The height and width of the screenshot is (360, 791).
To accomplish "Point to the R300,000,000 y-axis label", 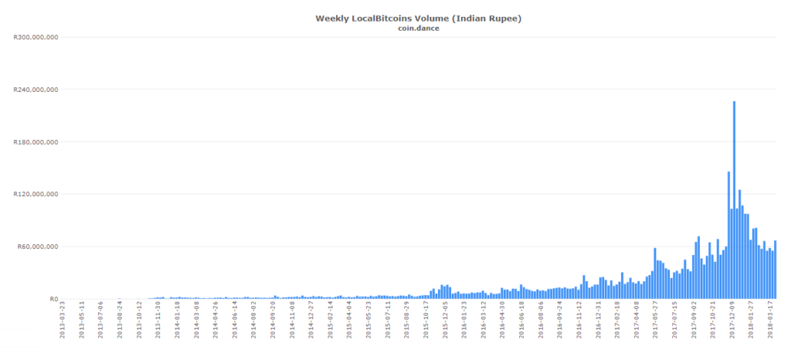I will pyautogui.click(x=36, y=37).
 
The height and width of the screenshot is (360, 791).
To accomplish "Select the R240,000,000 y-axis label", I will pyautogui.click(x=36, y=90).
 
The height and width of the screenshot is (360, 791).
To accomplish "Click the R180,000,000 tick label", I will pyautogui.click(x=36, y=142).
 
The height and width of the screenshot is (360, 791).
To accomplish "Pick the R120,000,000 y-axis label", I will pyautogui.click(x=36, y=195).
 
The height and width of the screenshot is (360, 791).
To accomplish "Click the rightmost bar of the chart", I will pyautogui.click(x=775, y=270).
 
